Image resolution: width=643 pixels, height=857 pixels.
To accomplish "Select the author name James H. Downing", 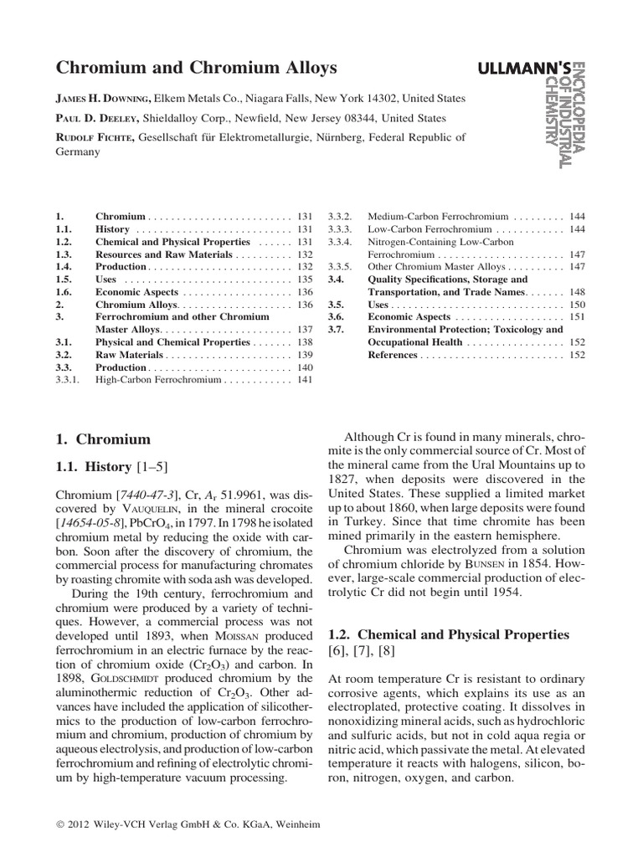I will [x=104, y=99].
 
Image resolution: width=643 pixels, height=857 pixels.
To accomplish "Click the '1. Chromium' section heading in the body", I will [x=103, y=439].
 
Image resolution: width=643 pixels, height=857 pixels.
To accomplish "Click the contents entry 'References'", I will [x=393, y=355].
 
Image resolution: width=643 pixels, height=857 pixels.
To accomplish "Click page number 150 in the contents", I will [x=577, y=305].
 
